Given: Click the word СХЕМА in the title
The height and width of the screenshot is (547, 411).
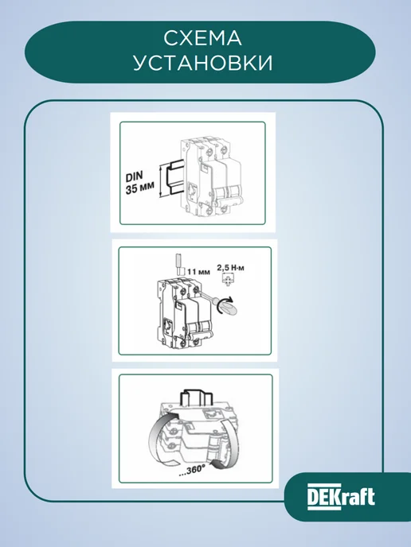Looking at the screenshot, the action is [202, 38].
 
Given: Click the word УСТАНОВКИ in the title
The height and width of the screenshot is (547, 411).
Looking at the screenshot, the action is [202, 63].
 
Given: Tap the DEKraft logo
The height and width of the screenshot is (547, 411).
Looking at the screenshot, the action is [341, 497].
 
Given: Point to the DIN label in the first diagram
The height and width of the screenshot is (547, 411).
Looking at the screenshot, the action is [135, 177].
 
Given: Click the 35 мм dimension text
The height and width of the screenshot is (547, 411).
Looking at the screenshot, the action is [140, 188].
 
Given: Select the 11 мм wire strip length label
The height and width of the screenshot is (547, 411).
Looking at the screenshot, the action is [198, 271].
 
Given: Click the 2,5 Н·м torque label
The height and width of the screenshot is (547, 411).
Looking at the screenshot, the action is [231, 268].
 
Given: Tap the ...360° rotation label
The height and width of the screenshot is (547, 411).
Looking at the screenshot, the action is [190, 470].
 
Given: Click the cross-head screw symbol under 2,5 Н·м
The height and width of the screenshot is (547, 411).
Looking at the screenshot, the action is [229, 280].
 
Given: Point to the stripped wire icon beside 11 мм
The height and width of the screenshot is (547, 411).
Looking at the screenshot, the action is [178, 265].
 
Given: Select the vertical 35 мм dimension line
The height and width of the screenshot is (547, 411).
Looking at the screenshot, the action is [161, 181].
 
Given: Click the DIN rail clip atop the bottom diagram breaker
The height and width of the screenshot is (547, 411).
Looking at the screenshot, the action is [196, 398].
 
